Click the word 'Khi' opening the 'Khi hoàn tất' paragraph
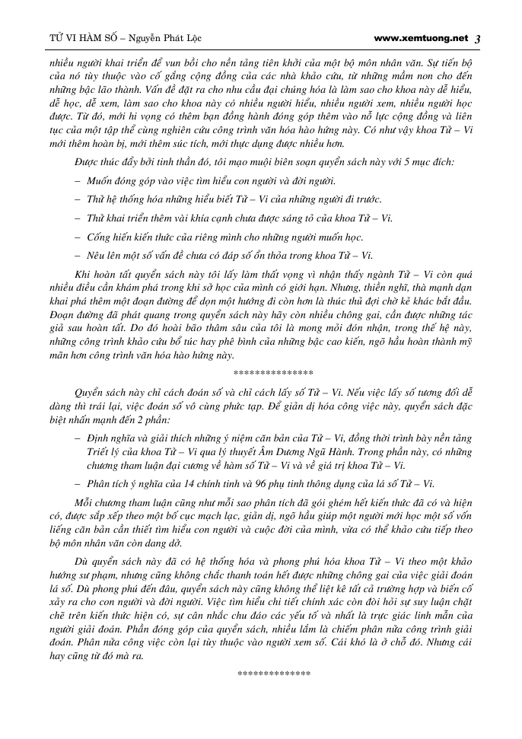[x=82, y=273]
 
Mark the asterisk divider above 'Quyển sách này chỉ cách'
[x=273, y=374]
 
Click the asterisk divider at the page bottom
[x=274, y=674]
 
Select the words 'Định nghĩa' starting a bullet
[x=110, y=438]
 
